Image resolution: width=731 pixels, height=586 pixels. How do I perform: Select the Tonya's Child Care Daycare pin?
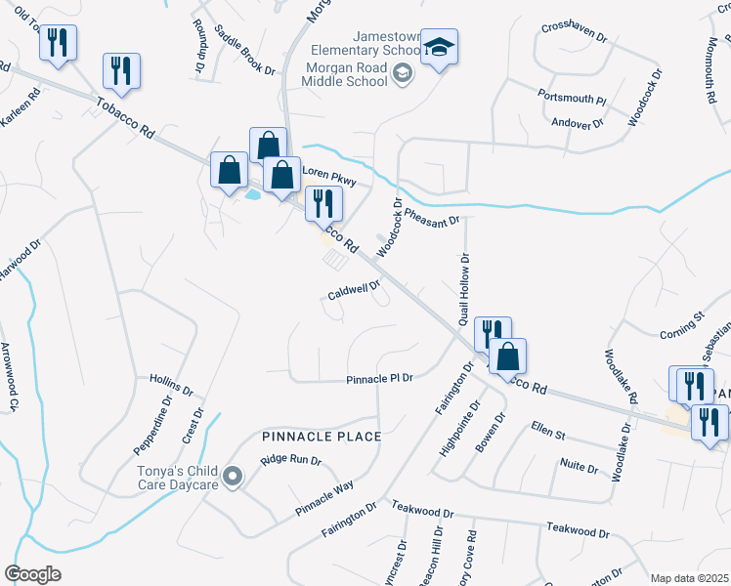pyautogui.click(x=233, y=477)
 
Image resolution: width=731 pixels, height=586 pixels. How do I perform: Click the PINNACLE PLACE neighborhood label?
pyautogui.click(x=321, y=436)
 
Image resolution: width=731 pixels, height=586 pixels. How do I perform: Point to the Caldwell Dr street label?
pyautogui.click(x=353, y=290)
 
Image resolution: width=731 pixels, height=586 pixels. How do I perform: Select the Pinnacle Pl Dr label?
pyautogui.click(x=381, y=379)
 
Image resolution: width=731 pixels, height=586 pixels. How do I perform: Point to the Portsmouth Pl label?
pyautogui.click(x=572, y=98)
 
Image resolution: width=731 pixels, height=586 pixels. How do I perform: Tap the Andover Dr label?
pyautogui.click(x=577, y=124)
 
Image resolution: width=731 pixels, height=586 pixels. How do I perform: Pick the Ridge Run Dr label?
pyautogui.click(x=291, y=460)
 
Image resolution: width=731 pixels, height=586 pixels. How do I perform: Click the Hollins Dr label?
pyautogui.click(x=173, y=379)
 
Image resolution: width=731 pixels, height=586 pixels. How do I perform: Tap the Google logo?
pyautogui.click(x=32, y=574)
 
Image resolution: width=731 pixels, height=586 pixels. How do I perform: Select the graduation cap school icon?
pyautogui.click(x=439, y=46)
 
